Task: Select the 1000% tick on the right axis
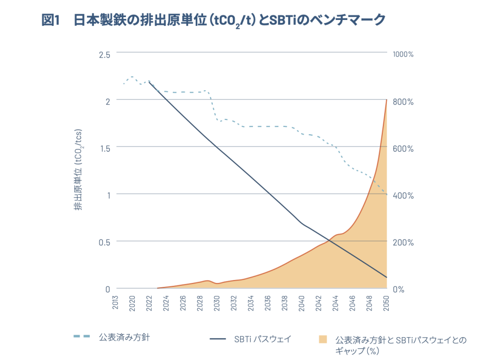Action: [403, 54]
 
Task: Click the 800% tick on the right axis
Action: [403, 101]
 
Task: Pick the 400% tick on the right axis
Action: [403, 196]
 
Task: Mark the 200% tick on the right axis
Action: [403, 242]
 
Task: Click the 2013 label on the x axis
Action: [116, 303]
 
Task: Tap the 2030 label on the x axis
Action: [217, 303]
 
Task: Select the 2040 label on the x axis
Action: [301, 303]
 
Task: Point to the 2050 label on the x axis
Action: [386, 303]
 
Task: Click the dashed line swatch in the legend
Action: [82, 336]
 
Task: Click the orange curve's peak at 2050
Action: [387, 100]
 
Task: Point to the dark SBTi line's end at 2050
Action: [387, 278]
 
